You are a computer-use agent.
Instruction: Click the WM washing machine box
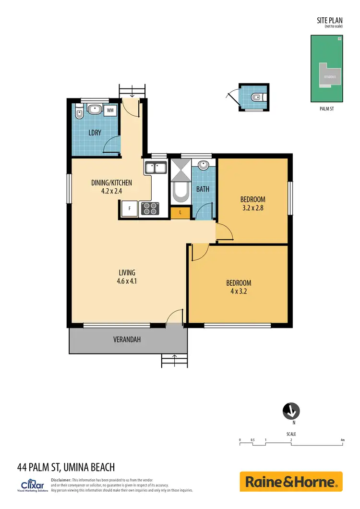[110, 110]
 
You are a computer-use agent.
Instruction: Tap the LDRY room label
[95, 132]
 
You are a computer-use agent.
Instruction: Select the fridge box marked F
[129, 209]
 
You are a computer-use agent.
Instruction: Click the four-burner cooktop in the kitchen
[150, 209]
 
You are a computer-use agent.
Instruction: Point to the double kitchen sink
[155, 168]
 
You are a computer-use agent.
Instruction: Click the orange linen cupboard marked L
[180, 212]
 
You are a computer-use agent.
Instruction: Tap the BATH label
[203, 189]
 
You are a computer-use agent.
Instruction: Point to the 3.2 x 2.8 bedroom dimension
[252, 208]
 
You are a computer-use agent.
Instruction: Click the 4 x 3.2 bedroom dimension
[239, 291]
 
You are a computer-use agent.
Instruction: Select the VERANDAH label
[127, 339]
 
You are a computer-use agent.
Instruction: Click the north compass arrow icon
[291, 411]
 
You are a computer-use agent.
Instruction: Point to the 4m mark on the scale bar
[342, 440]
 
